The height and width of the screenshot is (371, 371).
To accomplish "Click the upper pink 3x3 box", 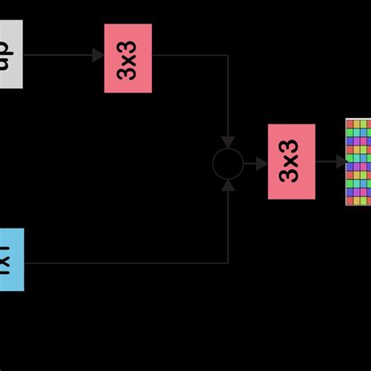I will [x=128, y=58].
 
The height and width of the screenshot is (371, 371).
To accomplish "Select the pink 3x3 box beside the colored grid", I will [x=291, y=161].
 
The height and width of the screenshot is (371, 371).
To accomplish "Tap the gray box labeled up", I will [x=9, y=55].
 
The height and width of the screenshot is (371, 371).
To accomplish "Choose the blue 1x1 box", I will [x=10, y=260].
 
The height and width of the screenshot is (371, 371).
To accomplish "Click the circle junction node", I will [x=228, y=164].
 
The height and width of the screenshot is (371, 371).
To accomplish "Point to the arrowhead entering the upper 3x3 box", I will [x=98, y=55].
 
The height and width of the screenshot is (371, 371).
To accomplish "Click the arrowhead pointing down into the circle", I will [x=228, y=142].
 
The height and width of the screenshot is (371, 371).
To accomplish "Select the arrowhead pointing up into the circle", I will [x=228, y=185].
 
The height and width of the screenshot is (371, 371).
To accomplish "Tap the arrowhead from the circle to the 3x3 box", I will [x=261, y=164].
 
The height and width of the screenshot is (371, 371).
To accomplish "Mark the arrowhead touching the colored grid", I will [x=341, y=161].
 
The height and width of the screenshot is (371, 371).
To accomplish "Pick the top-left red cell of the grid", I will [x=350, y=124].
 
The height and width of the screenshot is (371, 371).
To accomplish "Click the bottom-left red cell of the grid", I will [x=350, y=201].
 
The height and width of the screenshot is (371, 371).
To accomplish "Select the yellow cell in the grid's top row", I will [x=356, y=124].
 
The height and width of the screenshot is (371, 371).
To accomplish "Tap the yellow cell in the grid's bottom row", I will [x=356, y=201].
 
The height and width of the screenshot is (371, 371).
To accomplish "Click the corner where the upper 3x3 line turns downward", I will [x=228, y=56].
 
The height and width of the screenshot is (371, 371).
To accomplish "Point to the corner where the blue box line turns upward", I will [x=228, y=262].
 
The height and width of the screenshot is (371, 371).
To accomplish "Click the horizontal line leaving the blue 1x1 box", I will [x=117, y=262].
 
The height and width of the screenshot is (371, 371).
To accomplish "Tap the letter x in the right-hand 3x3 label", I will [x=292, y=161].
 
